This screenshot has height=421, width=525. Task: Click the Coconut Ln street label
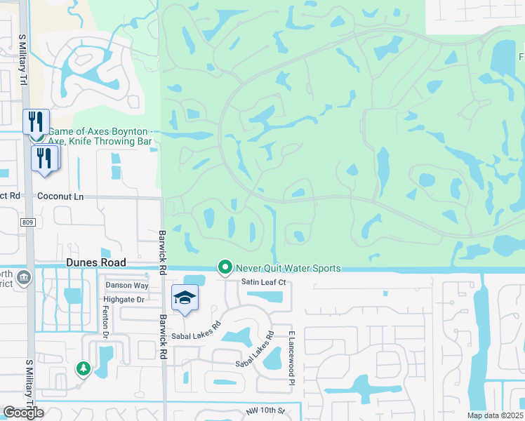[60, 196]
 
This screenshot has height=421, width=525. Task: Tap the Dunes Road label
[96, 262]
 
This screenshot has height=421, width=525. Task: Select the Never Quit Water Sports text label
[288, 268]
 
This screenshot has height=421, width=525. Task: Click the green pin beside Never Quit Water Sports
[225, 267]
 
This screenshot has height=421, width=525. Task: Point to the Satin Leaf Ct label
[264, 282]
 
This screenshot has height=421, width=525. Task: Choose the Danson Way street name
[127, 286]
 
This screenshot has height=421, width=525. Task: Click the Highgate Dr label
[125, 300]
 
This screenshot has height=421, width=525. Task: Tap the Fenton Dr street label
[107, 321]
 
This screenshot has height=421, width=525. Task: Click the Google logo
[23, 413]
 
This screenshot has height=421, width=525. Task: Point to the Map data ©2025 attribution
[494, 415]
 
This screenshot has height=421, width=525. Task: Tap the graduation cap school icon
[185, 298]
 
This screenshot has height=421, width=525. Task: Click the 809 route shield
[27, 222]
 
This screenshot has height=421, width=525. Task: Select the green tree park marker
[83, 368]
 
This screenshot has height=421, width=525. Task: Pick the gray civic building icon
[23, 278]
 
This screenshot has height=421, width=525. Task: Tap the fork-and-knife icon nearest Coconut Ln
[44, 157]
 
